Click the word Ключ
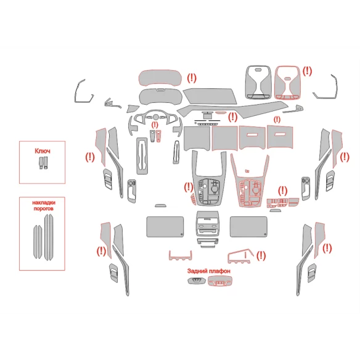43,151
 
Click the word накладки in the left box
44,203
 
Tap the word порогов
44,209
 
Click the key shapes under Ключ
43,163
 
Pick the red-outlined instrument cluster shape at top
160,78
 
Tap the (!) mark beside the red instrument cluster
192,78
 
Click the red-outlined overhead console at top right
287,83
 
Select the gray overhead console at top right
258,82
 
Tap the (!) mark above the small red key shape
155,125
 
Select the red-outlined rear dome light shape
219,281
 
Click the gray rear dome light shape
197,280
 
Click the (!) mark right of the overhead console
307,72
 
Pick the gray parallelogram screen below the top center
210,96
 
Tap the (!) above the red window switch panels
282,191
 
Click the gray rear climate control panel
207,223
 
